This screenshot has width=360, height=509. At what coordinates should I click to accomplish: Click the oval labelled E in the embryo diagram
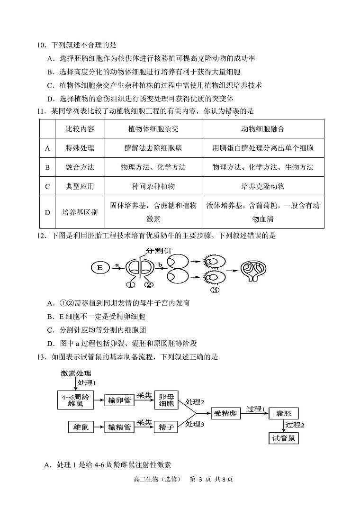point(100,267)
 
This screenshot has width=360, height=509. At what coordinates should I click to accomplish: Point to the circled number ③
point(215,290)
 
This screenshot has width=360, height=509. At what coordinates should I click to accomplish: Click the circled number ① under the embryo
point(131,285)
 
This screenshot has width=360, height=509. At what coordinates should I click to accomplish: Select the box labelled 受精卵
point(226,414)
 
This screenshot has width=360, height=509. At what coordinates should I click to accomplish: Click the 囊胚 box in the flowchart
point(284,414)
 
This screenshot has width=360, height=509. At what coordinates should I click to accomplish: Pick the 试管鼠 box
point(284,438)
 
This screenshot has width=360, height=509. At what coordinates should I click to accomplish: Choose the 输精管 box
point(119,427)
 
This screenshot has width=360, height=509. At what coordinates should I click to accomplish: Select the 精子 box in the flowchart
point(166,427)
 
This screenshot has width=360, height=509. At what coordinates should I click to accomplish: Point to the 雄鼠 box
point(81,427)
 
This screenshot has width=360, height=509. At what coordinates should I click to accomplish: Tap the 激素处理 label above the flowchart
point(76,373)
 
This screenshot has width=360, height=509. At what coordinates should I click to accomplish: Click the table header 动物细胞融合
point(263,129)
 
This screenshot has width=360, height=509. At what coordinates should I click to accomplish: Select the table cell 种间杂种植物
point(153,186)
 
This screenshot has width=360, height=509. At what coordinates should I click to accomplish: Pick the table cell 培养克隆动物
point(263,186)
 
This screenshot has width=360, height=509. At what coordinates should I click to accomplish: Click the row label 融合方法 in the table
point(80,167)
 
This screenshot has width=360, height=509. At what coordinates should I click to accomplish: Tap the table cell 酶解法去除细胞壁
point(153,148)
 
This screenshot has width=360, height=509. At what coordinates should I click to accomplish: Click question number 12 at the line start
point(41,236)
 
